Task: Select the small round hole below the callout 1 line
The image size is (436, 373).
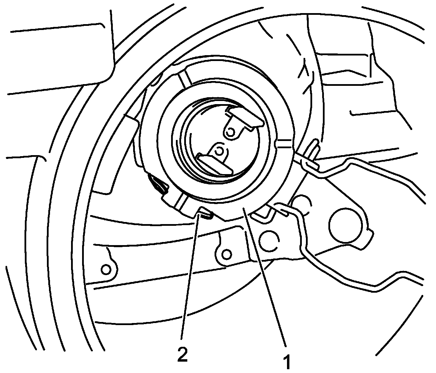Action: [226, 254]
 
